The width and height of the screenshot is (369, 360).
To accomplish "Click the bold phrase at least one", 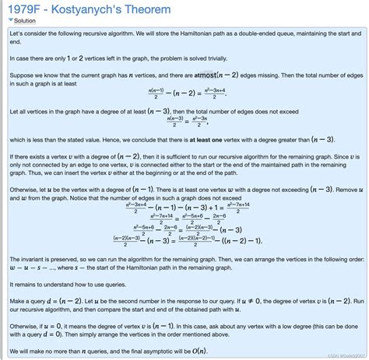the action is point(225,139).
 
